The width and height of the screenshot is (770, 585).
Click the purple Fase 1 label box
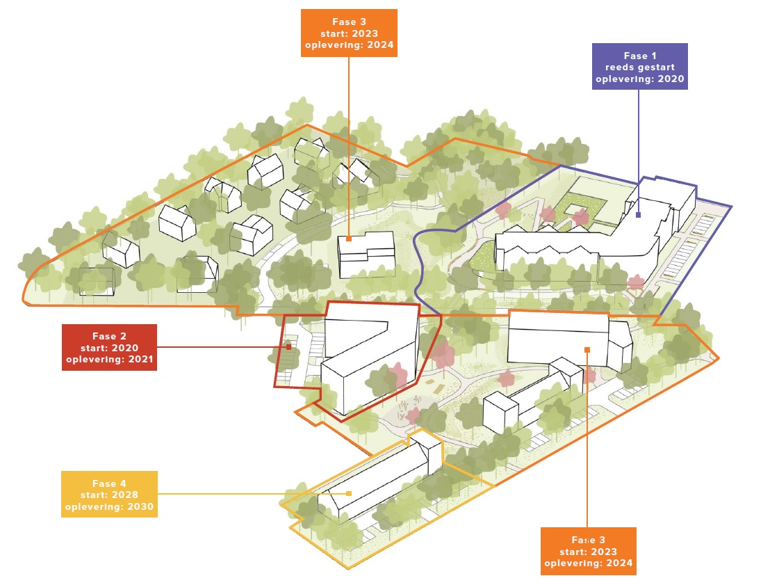[639, 66]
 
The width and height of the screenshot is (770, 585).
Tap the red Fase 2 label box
[109, 347]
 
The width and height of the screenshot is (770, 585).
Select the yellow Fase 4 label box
[109, 494]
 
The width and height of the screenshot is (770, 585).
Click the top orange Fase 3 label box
[349, 33]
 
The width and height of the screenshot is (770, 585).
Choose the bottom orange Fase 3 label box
[589, 551]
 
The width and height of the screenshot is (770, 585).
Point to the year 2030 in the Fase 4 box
[140, 506]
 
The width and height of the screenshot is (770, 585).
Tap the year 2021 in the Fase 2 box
[140, 360]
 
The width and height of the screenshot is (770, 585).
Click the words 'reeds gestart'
[640, 67]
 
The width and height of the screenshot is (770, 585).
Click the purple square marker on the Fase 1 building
[638, 215]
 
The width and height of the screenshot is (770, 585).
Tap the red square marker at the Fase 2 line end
[289, 347]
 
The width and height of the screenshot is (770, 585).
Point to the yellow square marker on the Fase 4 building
[349, 494]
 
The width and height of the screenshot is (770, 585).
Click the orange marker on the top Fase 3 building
[349, 239]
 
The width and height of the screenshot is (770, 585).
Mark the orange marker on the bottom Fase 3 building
[587, 350]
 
